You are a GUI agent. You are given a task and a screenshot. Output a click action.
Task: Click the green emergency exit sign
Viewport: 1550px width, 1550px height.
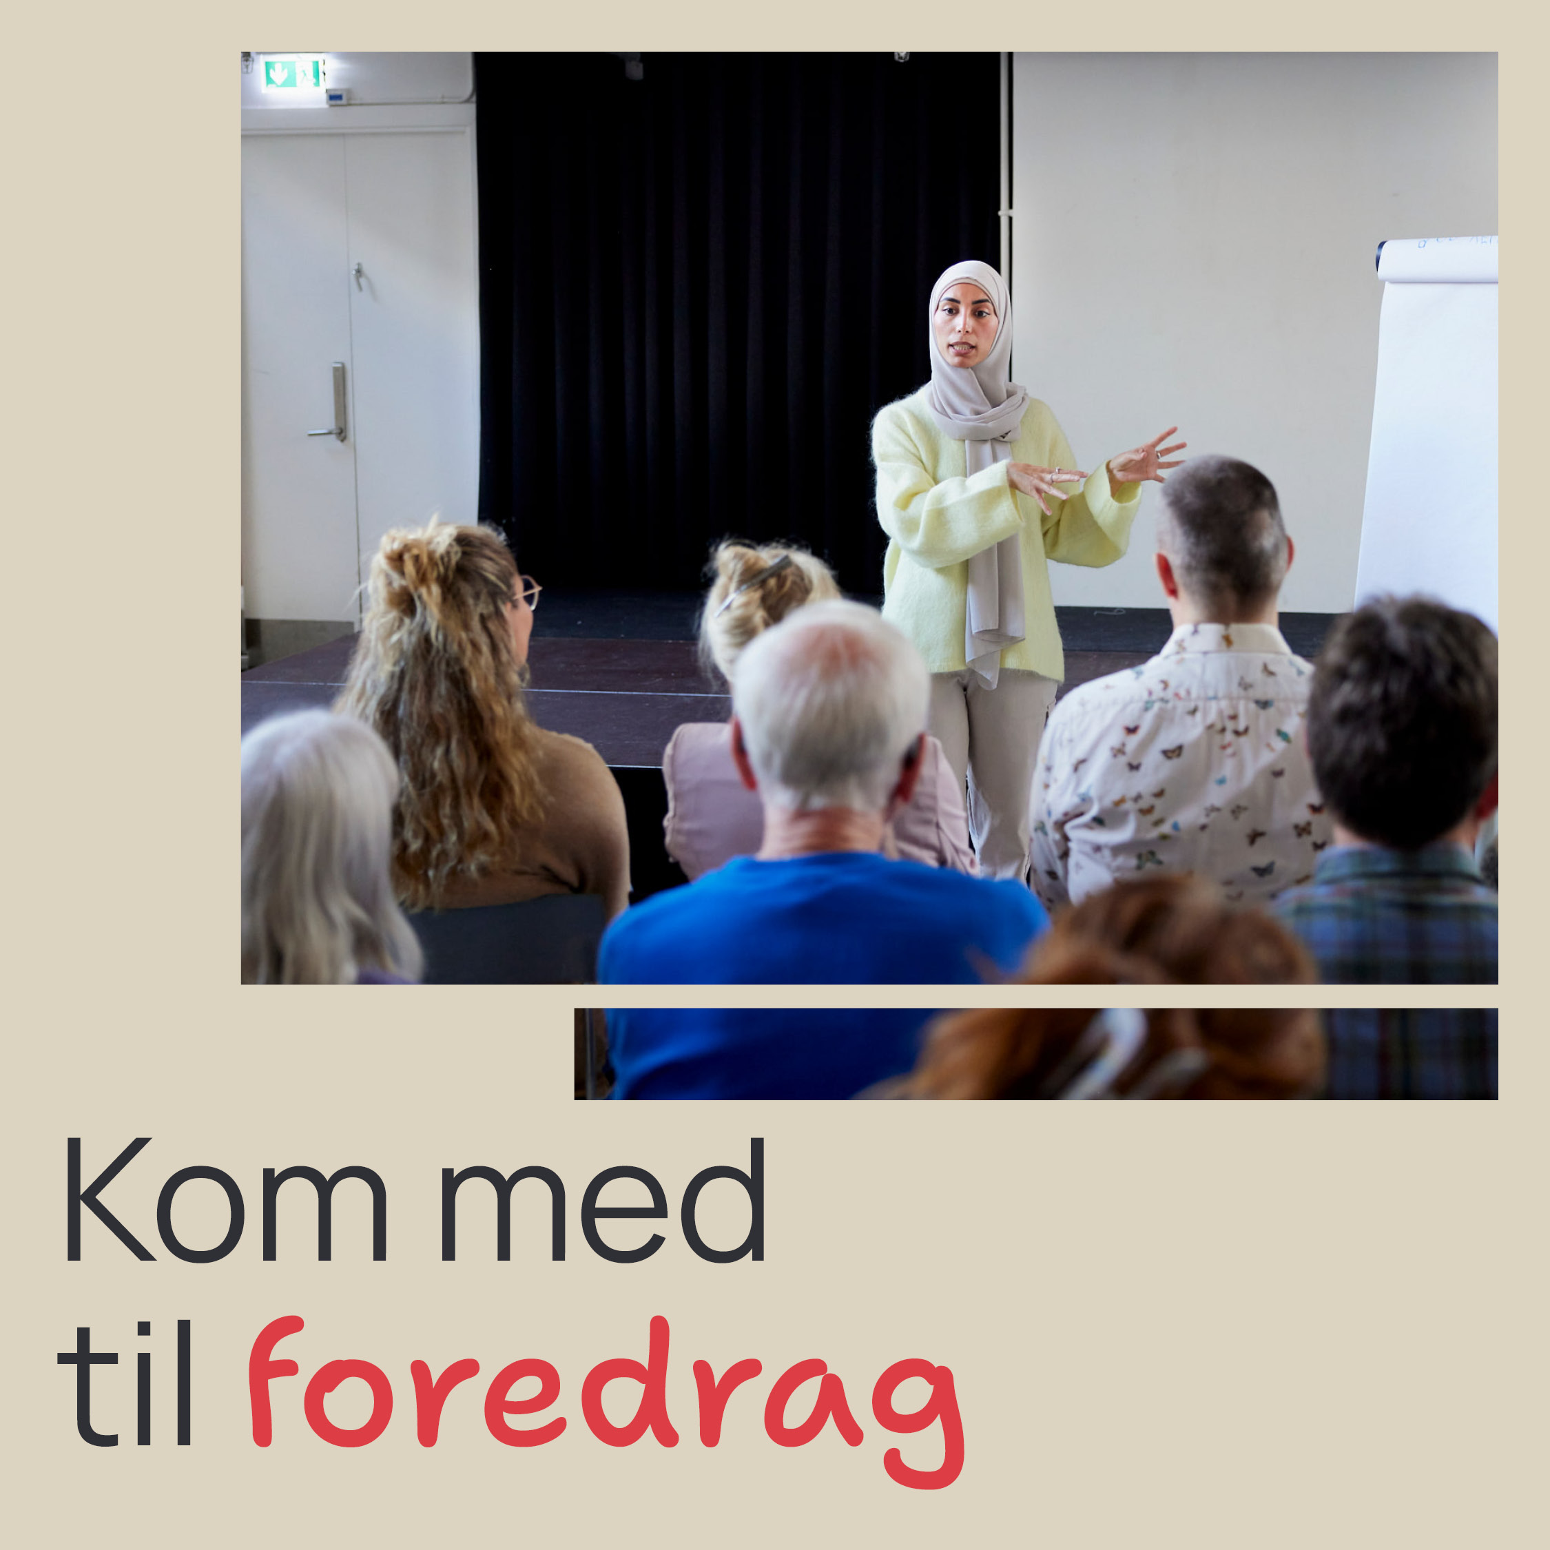293,74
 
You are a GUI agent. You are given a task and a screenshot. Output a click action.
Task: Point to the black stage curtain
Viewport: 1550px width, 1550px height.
738,321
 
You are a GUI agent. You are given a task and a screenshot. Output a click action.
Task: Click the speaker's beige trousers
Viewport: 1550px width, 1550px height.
993,770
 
